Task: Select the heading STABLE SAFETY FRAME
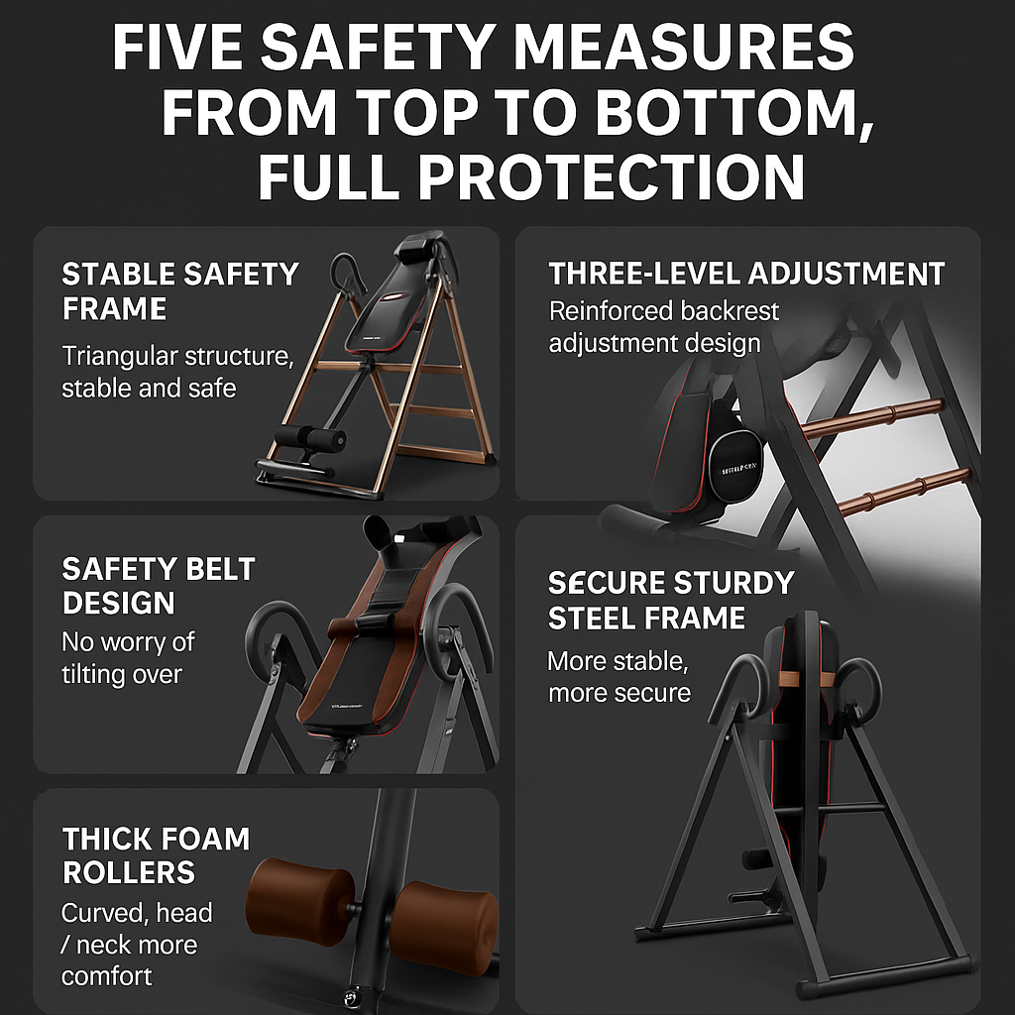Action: click(x=179, y=290)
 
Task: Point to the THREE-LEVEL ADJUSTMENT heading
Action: click(x=746, y=275)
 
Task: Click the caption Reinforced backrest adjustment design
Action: click(x=664, y=327)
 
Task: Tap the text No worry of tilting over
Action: click(x=128, y=657)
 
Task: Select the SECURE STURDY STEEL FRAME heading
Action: click(x=671, y=600)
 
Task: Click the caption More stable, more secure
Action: click(x=619, y=676)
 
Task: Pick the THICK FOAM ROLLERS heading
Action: click(x=156, y=855)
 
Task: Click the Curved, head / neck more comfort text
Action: click(x=137, y=944)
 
